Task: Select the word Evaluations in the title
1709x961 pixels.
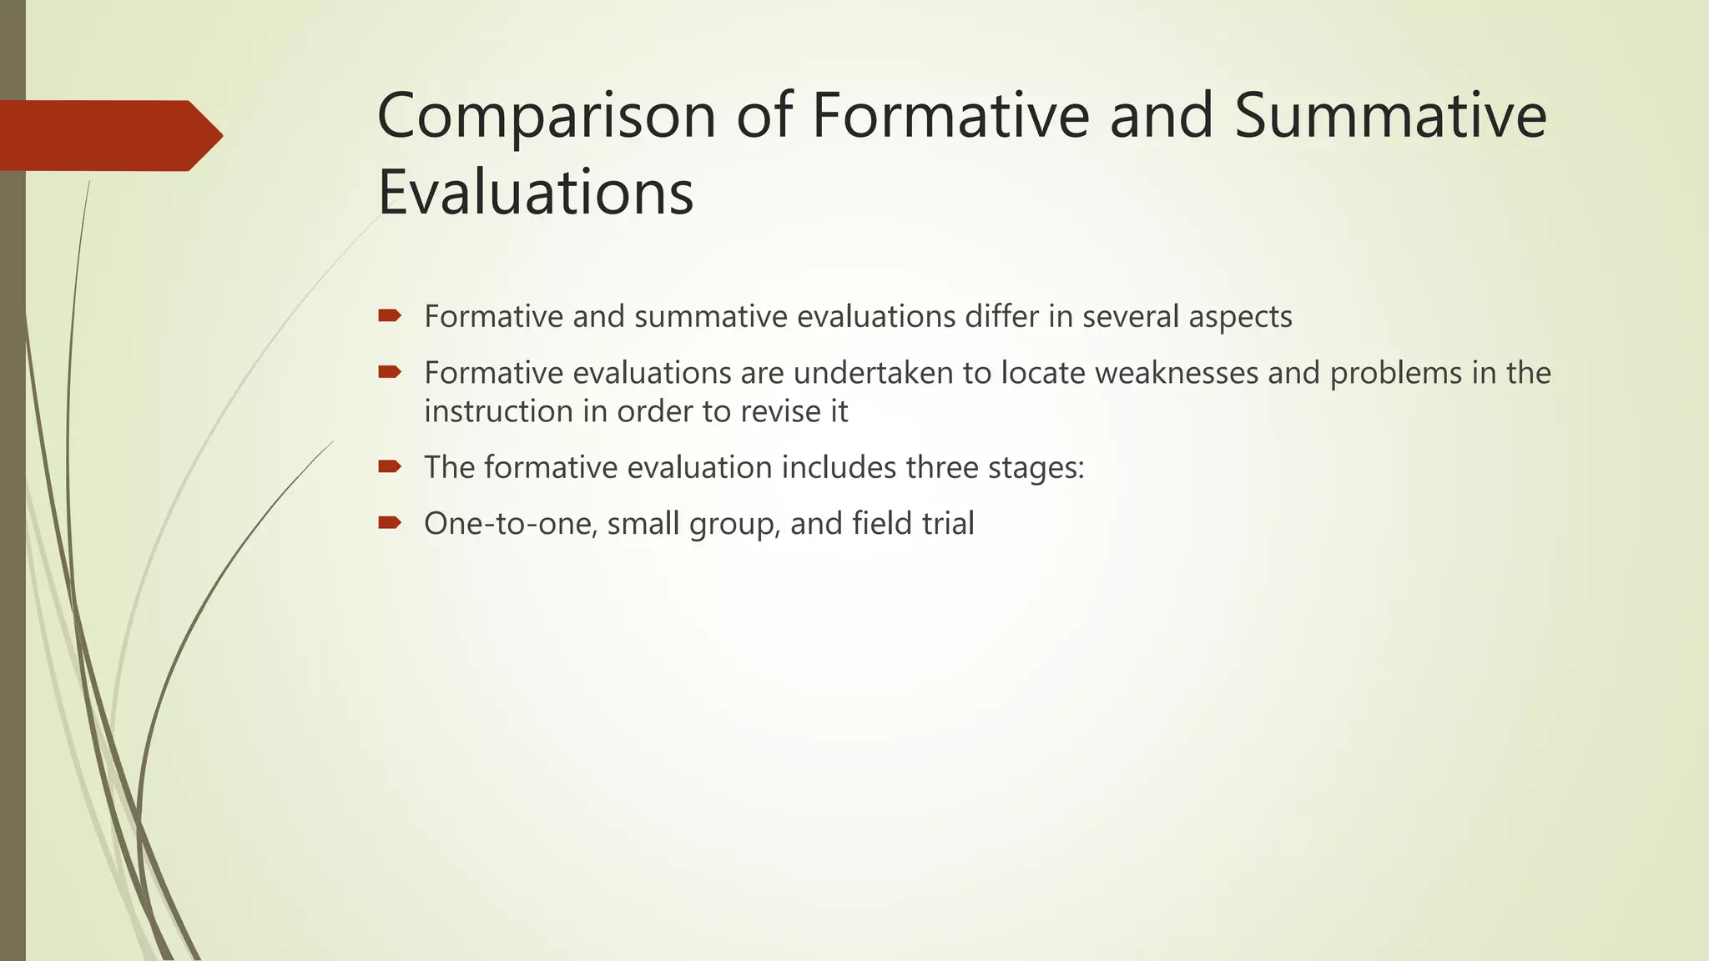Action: click(x=535, y=192)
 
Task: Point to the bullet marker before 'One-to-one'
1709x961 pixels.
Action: click(x=390, y=523)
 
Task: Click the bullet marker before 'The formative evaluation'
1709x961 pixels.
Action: click(x=390, y=466)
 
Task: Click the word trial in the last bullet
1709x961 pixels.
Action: click(x=948, y=524)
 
